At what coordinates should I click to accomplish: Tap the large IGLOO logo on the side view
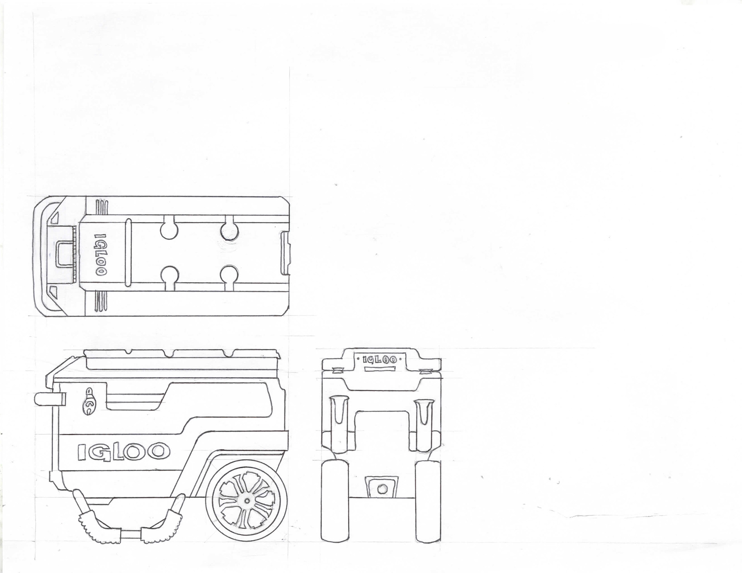click(x=124, y=451)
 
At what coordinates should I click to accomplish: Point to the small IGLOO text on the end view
click(x=380, y=359)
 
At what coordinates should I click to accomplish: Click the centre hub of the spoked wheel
click(x=247, y=500)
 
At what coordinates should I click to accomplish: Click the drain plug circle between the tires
click(x=382, y=488)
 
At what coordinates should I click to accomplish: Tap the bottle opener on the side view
click(x=90, y=402)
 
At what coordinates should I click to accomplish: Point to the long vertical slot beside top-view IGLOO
click(x=128, y=253)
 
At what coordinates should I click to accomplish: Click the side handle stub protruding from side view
click(x=49, y=399)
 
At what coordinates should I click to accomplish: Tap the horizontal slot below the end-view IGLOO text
click(x=380, y=369)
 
